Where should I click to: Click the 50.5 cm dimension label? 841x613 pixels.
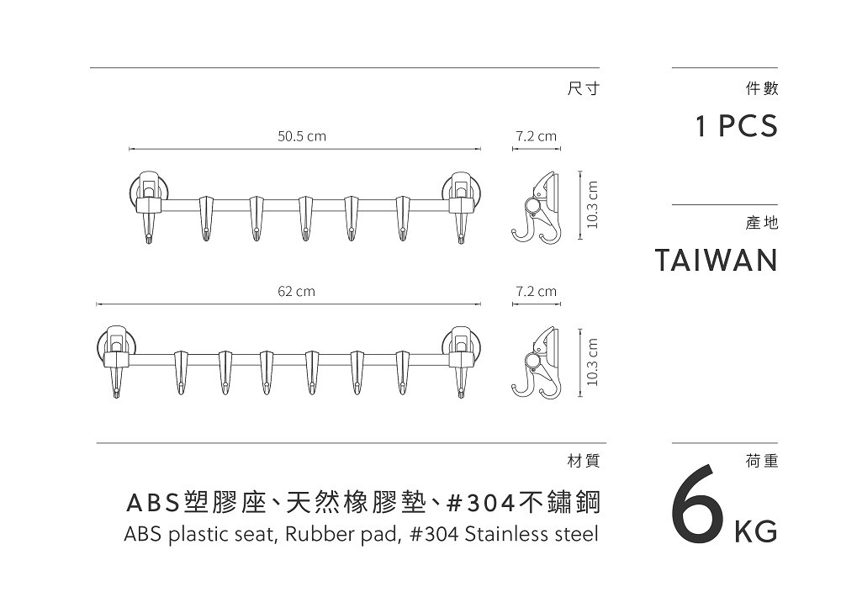point(302,136)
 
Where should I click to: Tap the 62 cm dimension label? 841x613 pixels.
point(297,292)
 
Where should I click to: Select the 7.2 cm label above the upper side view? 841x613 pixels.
point(537,136)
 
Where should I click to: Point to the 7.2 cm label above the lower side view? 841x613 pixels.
point(537,292)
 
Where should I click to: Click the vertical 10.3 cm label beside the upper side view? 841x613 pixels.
point(592,204)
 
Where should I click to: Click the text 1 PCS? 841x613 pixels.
point(737,127)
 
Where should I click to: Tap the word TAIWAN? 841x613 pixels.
point(717,261)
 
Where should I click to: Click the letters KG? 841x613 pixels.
point(756,532)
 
